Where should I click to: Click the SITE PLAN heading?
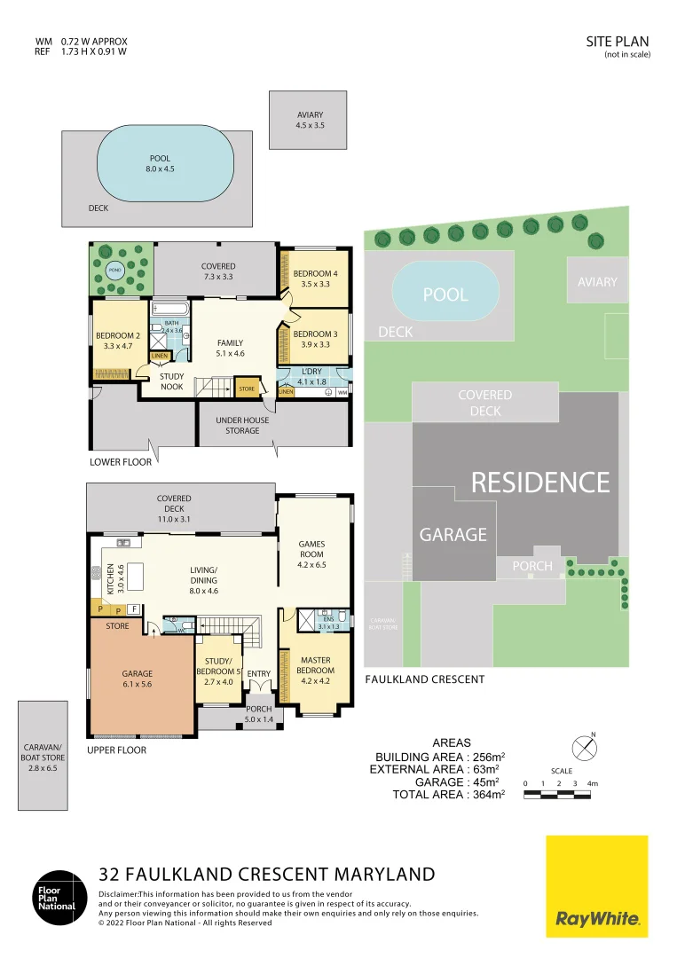pos(618,41)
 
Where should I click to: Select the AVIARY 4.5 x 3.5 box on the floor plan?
pos(310,121)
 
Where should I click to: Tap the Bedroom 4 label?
pos(316,279)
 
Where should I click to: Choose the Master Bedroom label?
pos(316,665)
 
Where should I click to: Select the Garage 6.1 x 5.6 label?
pos(137,679)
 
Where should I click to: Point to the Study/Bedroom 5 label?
pos(217,665)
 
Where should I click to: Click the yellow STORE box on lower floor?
pos(246,389)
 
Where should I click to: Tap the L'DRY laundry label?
pos(311,376)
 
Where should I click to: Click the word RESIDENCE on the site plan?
pos(539,483)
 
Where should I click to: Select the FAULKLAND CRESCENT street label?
pos(425,679)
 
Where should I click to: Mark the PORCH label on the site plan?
pos(532,566)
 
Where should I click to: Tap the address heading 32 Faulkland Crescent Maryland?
pos(267,874)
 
